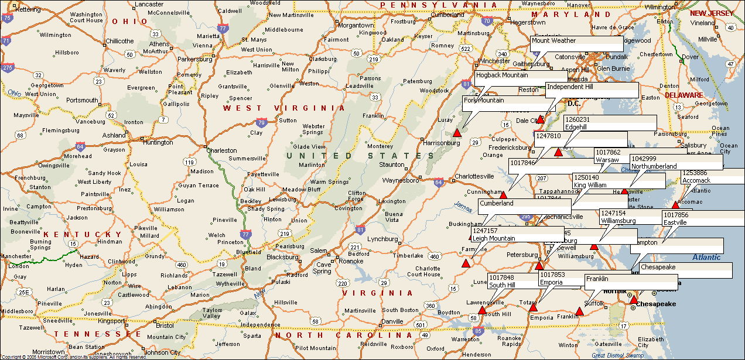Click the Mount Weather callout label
coord(576,44)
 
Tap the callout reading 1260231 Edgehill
coord(609,123)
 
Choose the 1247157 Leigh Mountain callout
coord(517,234)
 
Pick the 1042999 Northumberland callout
coord(676,162)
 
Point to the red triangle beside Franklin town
coord(579,311)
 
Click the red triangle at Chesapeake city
coord(633,300)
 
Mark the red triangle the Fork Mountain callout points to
coord(457,133)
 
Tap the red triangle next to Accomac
coord(675,204)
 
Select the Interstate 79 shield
coord(260,123)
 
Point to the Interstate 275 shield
coord(7,67)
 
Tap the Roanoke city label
coord(351,261)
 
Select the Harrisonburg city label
coord(441,143)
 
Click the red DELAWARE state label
coord(684,95)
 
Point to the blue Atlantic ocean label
coord(706,257)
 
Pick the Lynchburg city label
coord(382,239)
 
